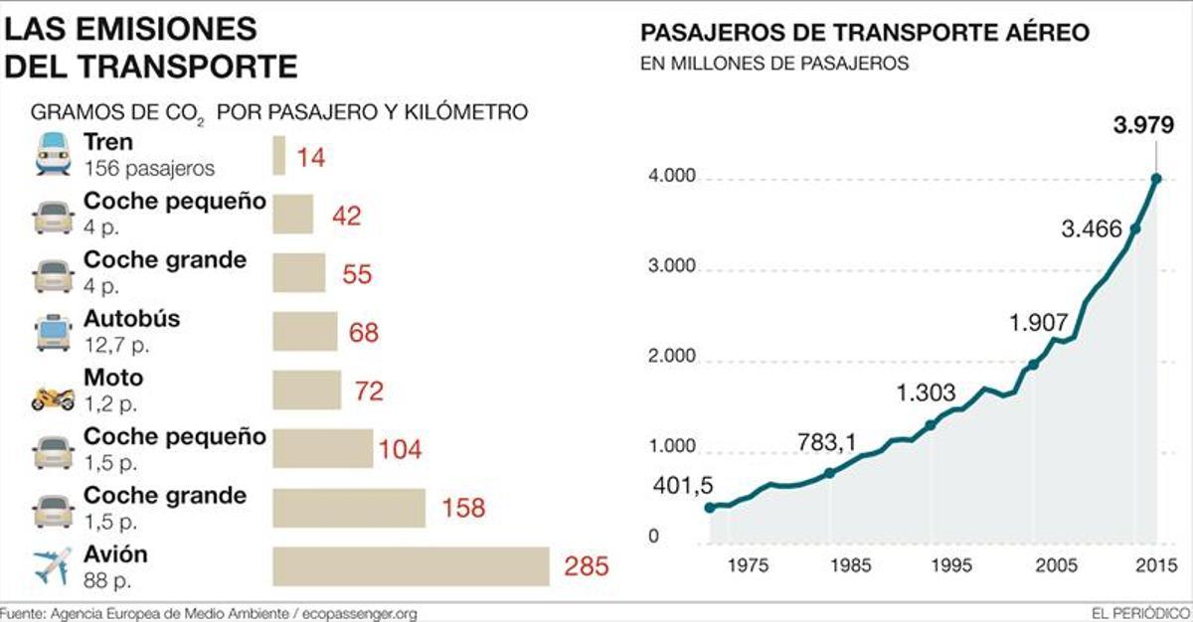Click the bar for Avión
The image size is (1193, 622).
point(411,566)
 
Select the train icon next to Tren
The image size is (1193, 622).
point(53,156)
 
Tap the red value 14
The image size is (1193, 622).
point(311,157)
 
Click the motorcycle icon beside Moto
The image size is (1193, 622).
point(53,398)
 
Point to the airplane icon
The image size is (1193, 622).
point(53,566)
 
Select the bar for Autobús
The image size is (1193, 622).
point(305,332)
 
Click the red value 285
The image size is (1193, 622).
point(585,567)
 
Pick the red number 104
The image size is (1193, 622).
point(400,450)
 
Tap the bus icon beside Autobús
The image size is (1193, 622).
point(53,332)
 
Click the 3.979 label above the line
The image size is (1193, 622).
point(1143,126)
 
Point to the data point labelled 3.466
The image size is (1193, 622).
point(1135,229)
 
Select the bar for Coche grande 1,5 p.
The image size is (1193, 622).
point(349,508)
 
